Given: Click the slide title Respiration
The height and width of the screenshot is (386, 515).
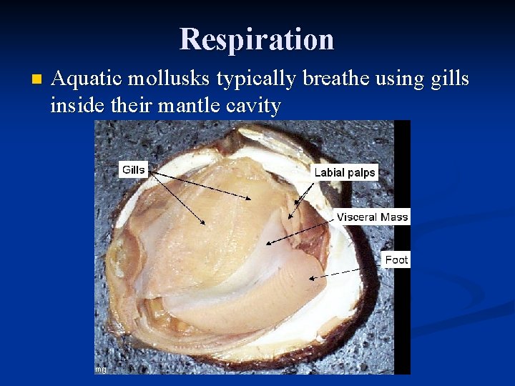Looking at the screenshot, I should [257, 39].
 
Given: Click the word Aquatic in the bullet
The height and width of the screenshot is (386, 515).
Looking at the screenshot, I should [86, 79].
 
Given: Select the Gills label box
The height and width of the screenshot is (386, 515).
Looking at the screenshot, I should [134, 169].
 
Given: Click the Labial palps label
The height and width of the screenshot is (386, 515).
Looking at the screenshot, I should [345, 172].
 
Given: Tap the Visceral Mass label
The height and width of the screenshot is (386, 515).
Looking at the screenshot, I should [372, 217].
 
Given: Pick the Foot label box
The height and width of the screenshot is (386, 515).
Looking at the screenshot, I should [396, 259].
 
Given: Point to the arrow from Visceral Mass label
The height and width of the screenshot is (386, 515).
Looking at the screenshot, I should [300, 231].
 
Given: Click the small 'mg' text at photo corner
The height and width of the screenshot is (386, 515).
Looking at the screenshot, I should [101, 369].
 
